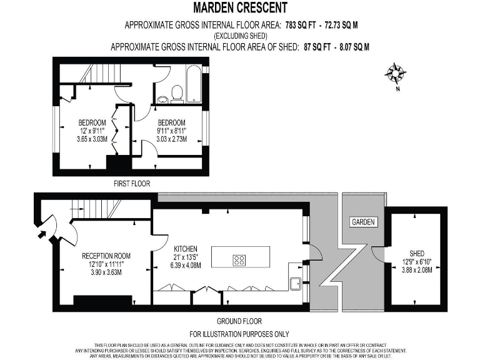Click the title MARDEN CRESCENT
[240, 8]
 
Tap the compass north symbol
[395, 74]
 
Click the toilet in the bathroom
[177, 93]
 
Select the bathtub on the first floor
[194, 83]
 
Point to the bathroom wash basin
[163, 98]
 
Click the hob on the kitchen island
[239, 260]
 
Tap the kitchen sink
[296, 283]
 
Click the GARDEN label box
[363, 222]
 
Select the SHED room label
[417, 253]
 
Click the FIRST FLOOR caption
[131, 184]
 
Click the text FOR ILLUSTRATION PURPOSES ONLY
[239, 334]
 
